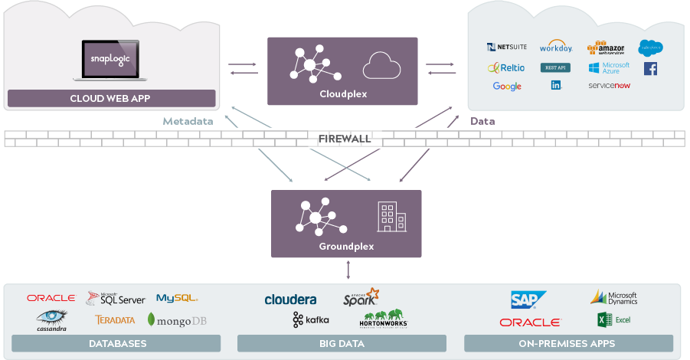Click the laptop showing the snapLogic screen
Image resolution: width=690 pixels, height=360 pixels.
tap(112, 61)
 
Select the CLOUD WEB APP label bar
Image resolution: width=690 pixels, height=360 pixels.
tap(112, 98)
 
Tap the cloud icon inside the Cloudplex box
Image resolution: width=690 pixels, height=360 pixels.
tap(381, 66)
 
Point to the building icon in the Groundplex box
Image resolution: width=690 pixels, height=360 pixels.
tap(391, 217)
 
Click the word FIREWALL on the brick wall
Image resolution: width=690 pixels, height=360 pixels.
tap(344, 139)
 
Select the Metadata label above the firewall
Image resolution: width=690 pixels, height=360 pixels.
tap(188, 121)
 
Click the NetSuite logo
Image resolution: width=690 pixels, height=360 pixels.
tap(506, 47)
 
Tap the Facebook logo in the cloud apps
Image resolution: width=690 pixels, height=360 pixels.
tap(650, 68)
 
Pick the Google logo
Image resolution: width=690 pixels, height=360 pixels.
tap(507, 87)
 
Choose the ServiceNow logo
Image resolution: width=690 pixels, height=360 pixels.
tap(609, 86)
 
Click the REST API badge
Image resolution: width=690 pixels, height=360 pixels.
tap(556, 68)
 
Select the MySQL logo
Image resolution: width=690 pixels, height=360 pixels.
tap(177, 298)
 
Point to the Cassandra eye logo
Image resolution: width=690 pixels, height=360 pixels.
tap(51, 319)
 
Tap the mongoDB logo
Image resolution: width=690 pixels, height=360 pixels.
tap(177, 320)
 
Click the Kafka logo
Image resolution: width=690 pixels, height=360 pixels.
tap(310, 319)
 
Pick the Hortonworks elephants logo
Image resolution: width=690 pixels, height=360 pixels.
tap(385, 319)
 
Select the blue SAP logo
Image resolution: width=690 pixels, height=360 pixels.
tap(528, 299)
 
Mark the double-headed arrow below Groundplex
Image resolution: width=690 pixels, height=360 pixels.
tap(348, 270)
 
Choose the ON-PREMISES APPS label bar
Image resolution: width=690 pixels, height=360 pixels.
tap(568, 344)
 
